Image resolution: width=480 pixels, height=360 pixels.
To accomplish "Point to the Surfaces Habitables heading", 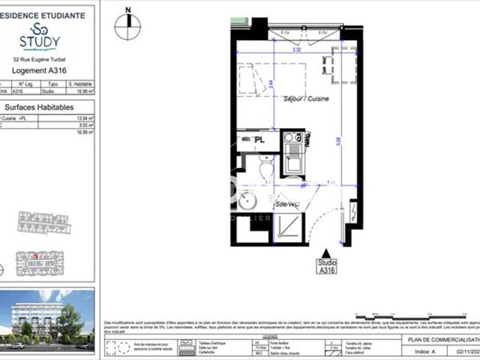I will click(x=40, y=106).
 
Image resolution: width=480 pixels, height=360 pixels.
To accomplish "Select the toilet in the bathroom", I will click(x=267, y=170).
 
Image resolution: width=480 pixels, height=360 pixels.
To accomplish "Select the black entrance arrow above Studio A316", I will click(x=324, y=253).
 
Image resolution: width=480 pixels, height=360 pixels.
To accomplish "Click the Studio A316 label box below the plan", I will click(x=324, y=266).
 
